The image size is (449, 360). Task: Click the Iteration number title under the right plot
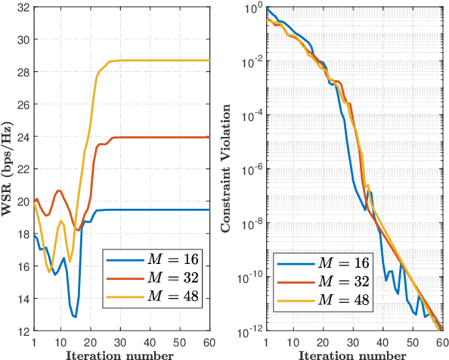tap(354, 354)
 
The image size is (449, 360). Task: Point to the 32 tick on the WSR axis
tap(23, 7)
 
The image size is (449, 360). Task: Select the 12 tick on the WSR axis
tap(23, 331)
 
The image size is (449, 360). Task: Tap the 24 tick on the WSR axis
tap(23, 137)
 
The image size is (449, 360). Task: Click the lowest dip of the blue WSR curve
tap(75, 316)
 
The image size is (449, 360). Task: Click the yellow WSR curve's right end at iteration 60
tap(209, 61)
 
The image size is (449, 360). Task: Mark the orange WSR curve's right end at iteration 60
tap(209, 137)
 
